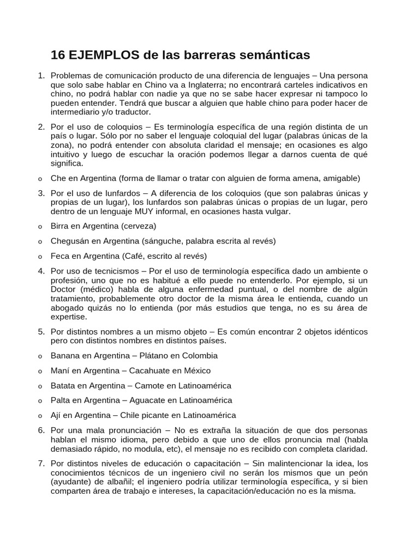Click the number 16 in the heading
(x=58, y=55)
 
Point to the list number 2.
(x=41, y=127)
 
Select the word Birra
(x=60, y=226)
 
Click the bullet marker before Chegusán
(x=41, y=241)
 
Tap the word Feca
(x=60, y=256)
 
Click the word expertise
(x=68, y=317)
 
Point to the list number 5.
(x=41, y=331)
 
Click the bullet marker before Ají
(x=41, y=416)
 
